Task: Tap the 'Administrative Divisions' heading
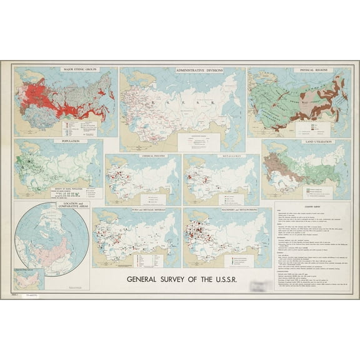(x=182, y=70)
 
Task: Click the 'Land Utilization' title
(x=306, y=142)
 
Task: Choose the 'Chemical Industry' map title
(x=142, y=156)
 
